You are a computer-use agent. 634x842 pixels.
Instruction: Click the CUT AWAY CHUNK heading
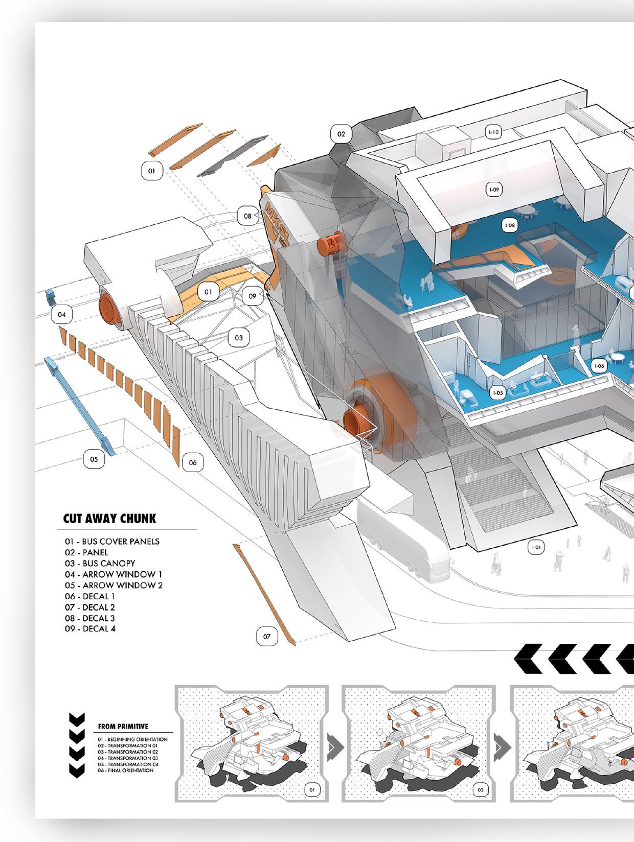pyautogui.click(x=109, y=519)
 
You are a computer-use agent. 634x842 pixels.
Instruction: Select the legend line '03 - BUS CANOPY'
pyautogui.click(x=100, y=563)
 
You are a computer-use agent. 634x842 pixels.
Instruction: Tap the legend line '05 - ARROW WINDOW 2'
pyautogui.click(x=114, y=585)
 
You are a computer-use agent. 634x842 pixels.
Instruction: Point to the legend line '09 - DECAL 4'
pyautogui.click(x=90, y=628)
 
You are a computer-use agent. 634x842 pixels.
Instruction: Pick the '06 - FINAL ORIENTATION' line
pyautogui.click(x=125, y=770)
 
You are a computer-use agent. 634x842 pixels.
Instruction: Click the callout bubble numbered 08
pyautogui.click(x=247, y=216)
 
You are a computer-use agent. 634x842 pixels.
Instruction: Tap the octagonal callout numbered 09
pyautogui.click(x=253, y=296)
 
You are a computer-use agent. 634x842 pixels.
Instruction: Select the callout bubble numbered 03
pyautogui.click(x=239, y=338)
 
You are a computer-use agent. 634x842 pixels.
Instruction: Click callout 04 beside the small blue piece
pyautogui.click(x=61, y=314)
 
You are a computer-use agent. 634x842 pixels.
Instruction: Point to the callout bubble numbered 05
pyautogui.click(x=94, y=459)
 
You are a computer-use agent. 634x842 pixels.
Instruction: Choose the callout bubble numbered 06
pyautogui.click(x=193, y=462)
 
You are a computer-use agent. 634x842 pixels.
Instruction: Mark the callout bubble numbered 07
pyautogui.click(x=267, y=637)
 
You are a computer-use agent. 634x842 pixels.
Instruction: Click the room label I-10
pyautogui.click(x=493, y=132)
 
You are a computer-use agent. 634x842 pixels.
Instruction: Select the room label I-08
pyautogui.click(x=509, y=225)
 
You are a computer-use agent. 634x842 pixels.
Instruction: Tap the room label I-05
pyautogui.click(x=497, y=393)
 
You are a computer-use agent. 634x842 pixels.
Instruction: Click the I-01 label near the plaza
pyautogui.click(x=536, y=548)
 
